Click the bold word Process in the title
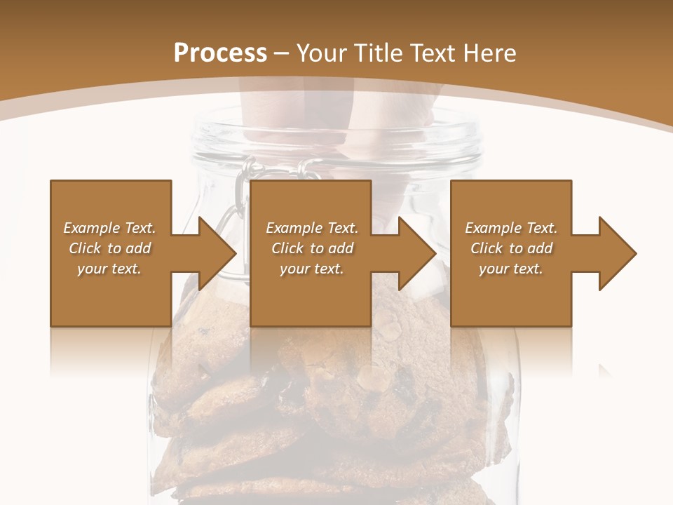pyautogui.click(x=220, y=53)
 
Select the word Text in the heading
pyautogui.click(x=430, y=53)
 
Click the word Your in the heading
pyautogui.click(x=323, y=53)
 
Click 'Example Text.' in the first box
pyautogui.click(x=109, y=228)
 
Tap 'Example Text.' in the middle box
pyautogui.click(x=312, y=228)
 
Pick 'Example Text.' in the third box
pyautogui.click(x=511, y=228)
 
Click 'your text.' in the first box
pyautogui.click(x=109, y=269)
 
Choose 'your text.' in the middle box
pyautogui.click(x=312, y=269)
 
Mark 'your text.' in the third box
pyautogui.click(x=511, y=269)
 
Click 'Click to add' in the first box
pyautogui.click(x=109, y=248)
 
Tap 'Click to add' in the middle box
pyautogui.click(x=312, y=248)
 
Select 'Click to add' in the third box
pyautogui.click(x=511, y=248)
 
